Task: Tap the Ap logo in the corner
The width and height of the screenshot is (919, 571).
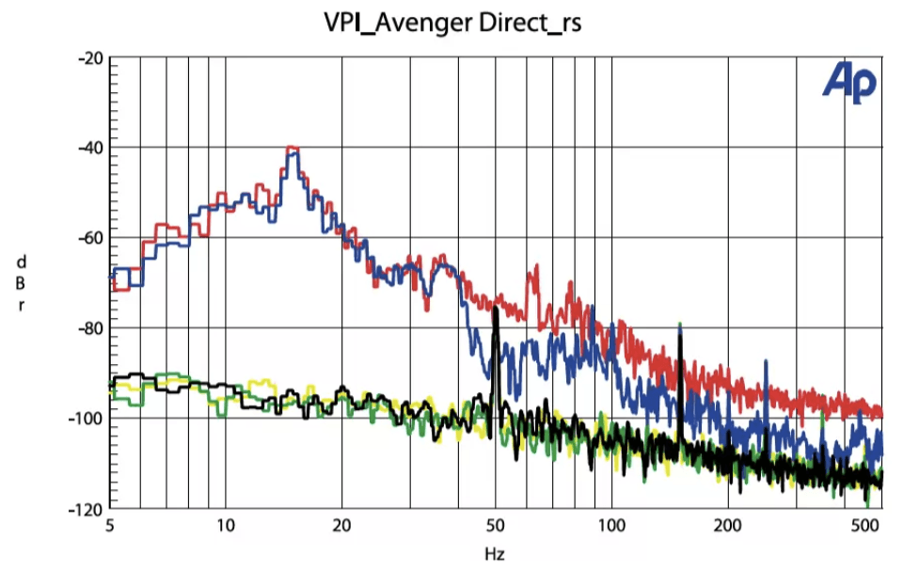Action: click(849, 83)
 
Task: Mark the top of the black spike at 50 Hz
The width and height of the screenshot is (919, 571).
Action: click(495, 308)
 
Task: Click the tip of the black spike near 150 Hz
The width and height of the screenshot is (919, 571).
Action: click(678, 325)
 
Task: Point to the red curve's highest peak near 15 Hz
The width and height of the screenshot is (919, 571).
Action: click(293, 148)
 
